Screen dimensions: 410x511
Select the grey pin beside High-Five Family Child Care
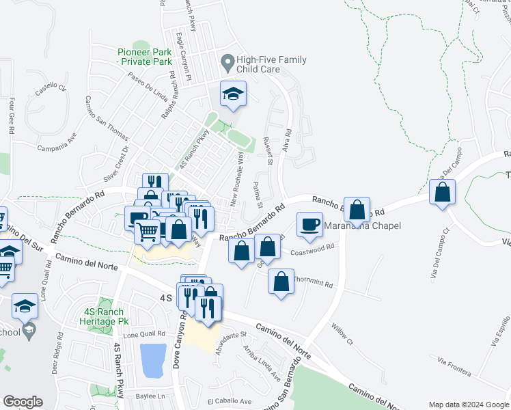click(227, 64)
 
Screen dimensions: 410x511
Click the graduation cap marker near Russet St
click(233, 95)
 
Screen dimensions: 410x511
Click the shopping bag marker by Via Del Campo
click(443, 193)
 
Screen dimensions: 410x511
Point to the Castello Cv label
click(51, 88)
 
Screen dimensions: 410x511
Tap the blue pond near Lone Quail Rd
click(152, 360)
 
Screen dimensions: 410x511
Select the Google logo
click(23, 401)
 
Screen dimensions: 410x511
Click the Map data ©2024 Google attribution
click(468, 405)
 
